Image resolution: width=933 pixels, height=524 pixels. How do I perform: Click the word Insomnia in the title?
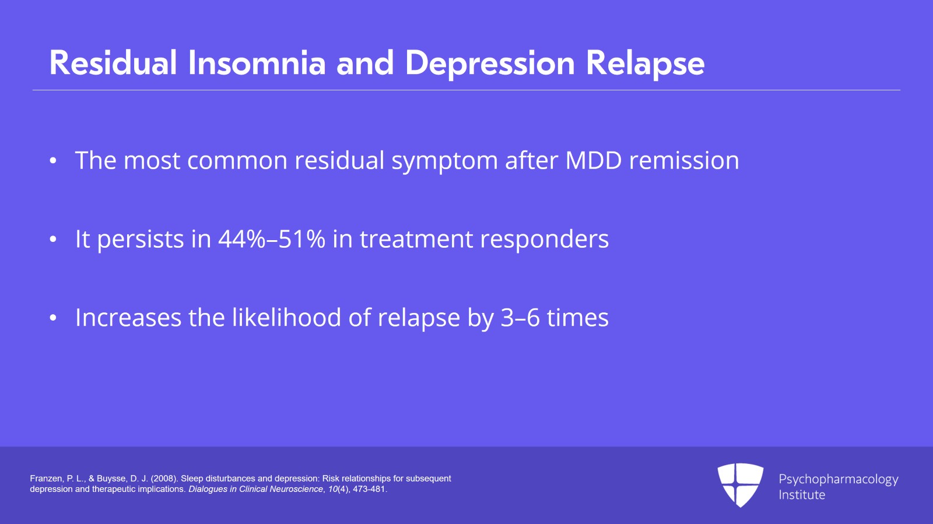[x=257, y=63]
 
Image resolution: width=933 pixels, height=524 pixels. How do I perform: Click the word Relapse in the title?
[x=645, y=63]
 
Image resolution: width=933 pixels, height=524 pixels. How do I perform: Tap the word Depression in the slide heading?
[x=490, y=63]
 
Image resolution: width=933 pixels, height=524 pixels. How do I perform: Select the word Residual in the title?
[x=113, y=63]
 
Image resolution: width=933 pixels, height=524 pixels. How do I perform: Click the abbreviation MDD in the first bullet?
[x=594, y=160]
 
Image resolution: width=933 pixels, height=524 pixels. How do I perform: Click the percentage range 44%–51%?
[x=271, y=239]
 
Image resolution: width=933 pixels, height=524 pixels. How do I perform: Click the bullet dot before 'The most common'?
[x=53, y=161]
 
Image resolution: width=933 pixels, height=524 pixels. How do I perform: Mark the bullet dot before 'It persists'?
[x=53, y=240]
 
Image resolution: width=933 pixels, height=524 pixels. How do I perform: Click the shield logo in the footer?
[x=740, y=484]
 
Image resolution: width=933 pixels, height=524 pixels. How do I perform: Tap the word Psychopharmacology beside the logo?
[x=838, y=479]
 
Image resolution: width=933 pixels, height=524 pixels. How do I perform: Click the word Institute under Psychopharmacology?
[x=802, y=495]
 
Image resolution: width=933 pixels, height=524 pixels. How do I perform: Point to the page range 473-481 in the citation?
[x=369, y=489]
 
